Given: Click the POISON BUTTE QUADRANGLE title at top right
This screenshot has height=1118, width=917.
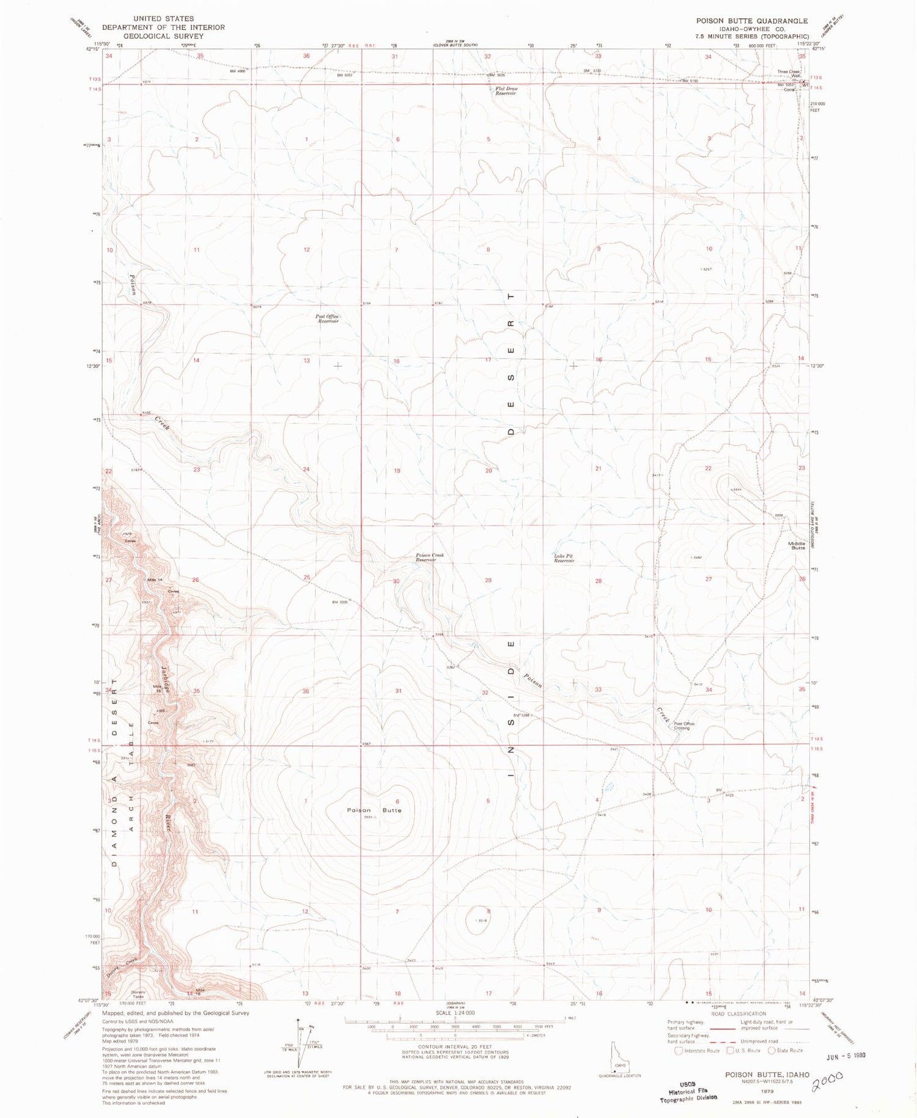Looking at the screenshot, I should pyautogui.click(x=751, y=21).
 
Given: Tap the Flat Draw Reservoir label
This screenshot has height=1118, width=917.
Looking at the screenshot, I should pyautogui.click(x=506, y=91).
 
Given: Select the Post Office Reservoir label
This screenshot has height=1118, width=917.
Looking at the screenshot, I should pyautogui.click(x=328, y=318).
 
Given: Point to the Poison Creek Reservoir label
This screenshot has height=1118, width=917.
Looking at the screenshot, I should pyautogui.click(x=430, y=557).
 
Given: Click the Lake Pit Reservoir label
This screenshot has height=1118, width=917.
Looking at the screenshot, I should pyautogui.click(x=564, y=557).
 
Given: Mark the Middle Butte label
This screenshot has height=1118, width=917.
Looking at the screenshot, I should pyautogui.click(x=797, y=545).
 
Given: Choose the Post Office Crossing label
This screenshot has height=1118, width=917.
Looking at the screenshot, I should pyautogui.click(x=683, y=726).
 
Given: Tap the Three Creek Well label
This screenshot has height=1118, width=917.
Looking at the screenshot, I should pyautogui.click(x=789, y=73).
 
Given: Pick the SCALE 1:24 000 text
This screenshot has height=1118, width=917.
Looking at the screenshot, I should pyautogui.click(x=455, y=1013).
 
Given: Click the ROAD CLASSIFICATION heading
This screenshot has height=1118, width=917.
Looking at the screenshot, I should pyautogui.click(x=738, y=1014).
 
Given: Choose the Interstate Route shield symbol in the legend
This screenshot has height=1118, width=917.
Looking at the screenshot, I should pyautogui.click(x=678, y=1051).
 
